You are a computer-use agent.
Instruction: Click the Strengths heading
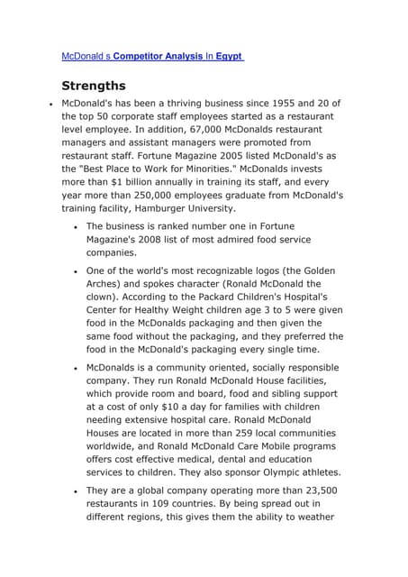tap(94, 86)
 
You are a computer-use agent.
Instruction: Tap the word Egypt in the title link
tap(229, 56)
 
